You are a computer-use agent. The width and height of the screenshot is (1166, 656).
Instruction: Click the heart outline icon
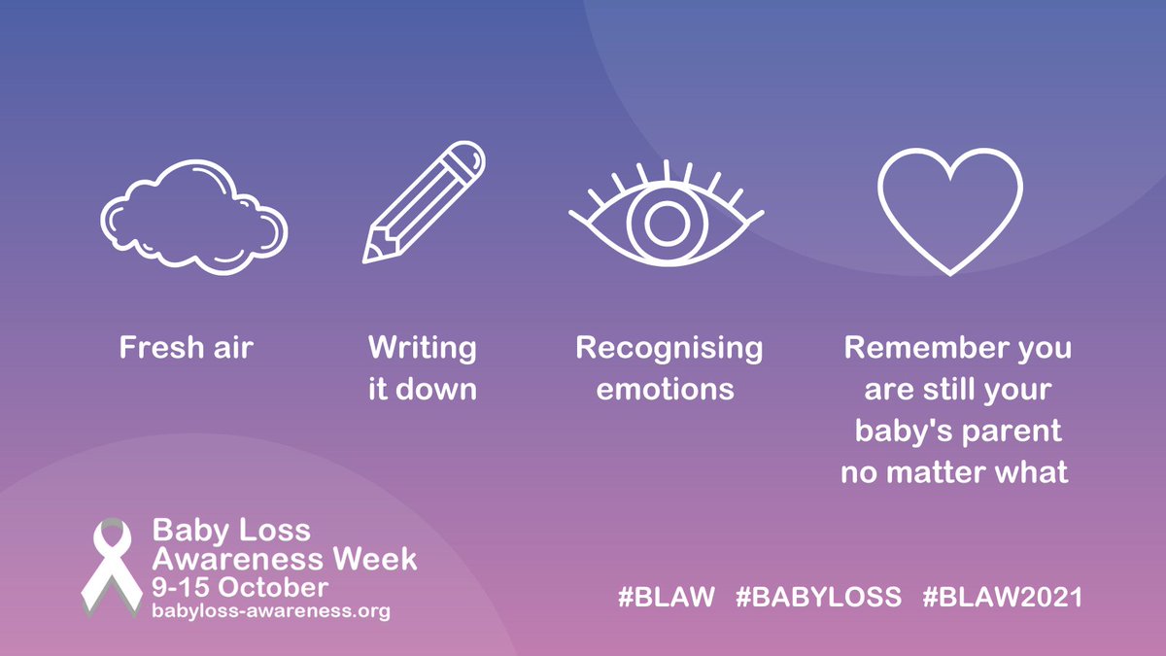pyautogui.click(x=949, y=212)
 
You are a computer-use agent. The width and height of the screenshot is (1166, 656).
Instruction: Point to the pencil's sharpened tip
pyautogui.click(x=370, y=255)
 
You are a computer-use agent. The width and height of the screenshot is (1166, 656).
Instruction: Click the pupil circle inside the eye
pyautogui.click(x=667, y=224)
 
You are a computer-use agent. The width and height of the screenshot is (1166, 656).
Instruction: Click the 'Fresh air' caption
pyautogui.click(x=186, y=348)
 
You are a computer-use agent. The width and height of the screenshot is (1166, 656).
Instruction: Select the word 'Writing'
pyautogui.click(x=422, y=348)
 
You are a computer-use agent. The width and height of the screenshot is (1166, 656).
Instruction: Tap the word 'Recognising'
pyautogui.click(x=669, y=348)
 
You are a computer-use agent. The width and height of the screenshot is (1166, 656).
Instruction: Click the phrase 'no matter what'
pyautogui.click(x=954, y=473)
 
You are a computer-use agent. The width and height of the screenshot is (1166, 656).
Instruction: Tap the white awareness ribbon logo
pyautogui.click(x=109, y=570)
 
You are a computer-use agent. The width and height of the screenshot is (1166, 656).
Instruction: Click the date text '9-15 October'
pyautogui.click(x=239, y=588)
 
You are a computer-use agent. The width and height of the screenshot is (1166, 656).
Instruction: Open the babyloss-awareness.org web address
pyautogui.click(x=270, y=611)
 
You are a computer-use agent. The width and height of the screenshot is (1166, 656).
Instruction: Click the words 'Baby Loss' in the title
pyautogui.click(x=231, y=531)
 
